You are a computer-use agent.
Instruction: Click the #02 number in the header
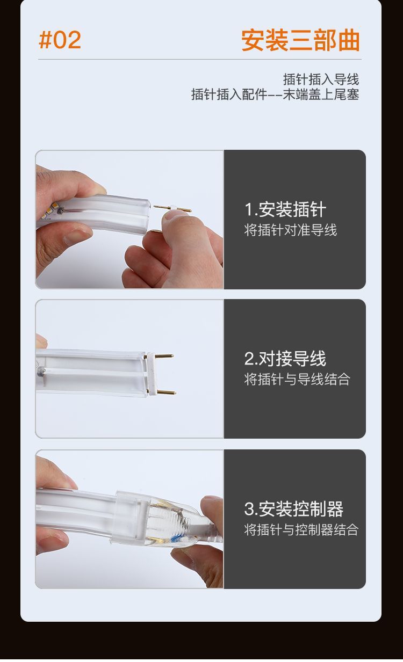click(60, 40)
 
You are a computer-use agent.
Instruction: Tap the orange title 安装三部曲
click(301, 40)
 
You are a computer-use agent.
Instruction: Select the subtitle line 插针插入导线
click(321, 79)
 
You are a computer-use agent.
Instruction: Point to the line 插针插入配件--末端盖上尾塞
click(275, 94)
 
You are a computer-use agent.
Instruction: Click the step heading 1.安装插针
click(285, 209)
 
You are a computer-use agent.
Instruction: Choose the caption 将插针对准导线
click(290, 230)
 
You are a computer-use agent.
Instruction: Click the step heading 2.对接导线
click(285, 359)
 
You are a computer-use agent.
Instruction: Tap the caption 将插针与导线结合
click(297, 379)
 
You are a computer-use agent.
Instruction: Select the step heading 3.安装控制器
click(293, 509)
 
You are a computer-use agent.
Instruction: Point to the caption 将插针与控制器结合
click(301, 529)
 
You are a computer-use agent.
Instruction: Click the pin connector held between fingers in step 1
click(172, 208)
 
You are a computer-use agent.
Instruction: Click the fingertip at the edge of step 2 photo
click(41, 341)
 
